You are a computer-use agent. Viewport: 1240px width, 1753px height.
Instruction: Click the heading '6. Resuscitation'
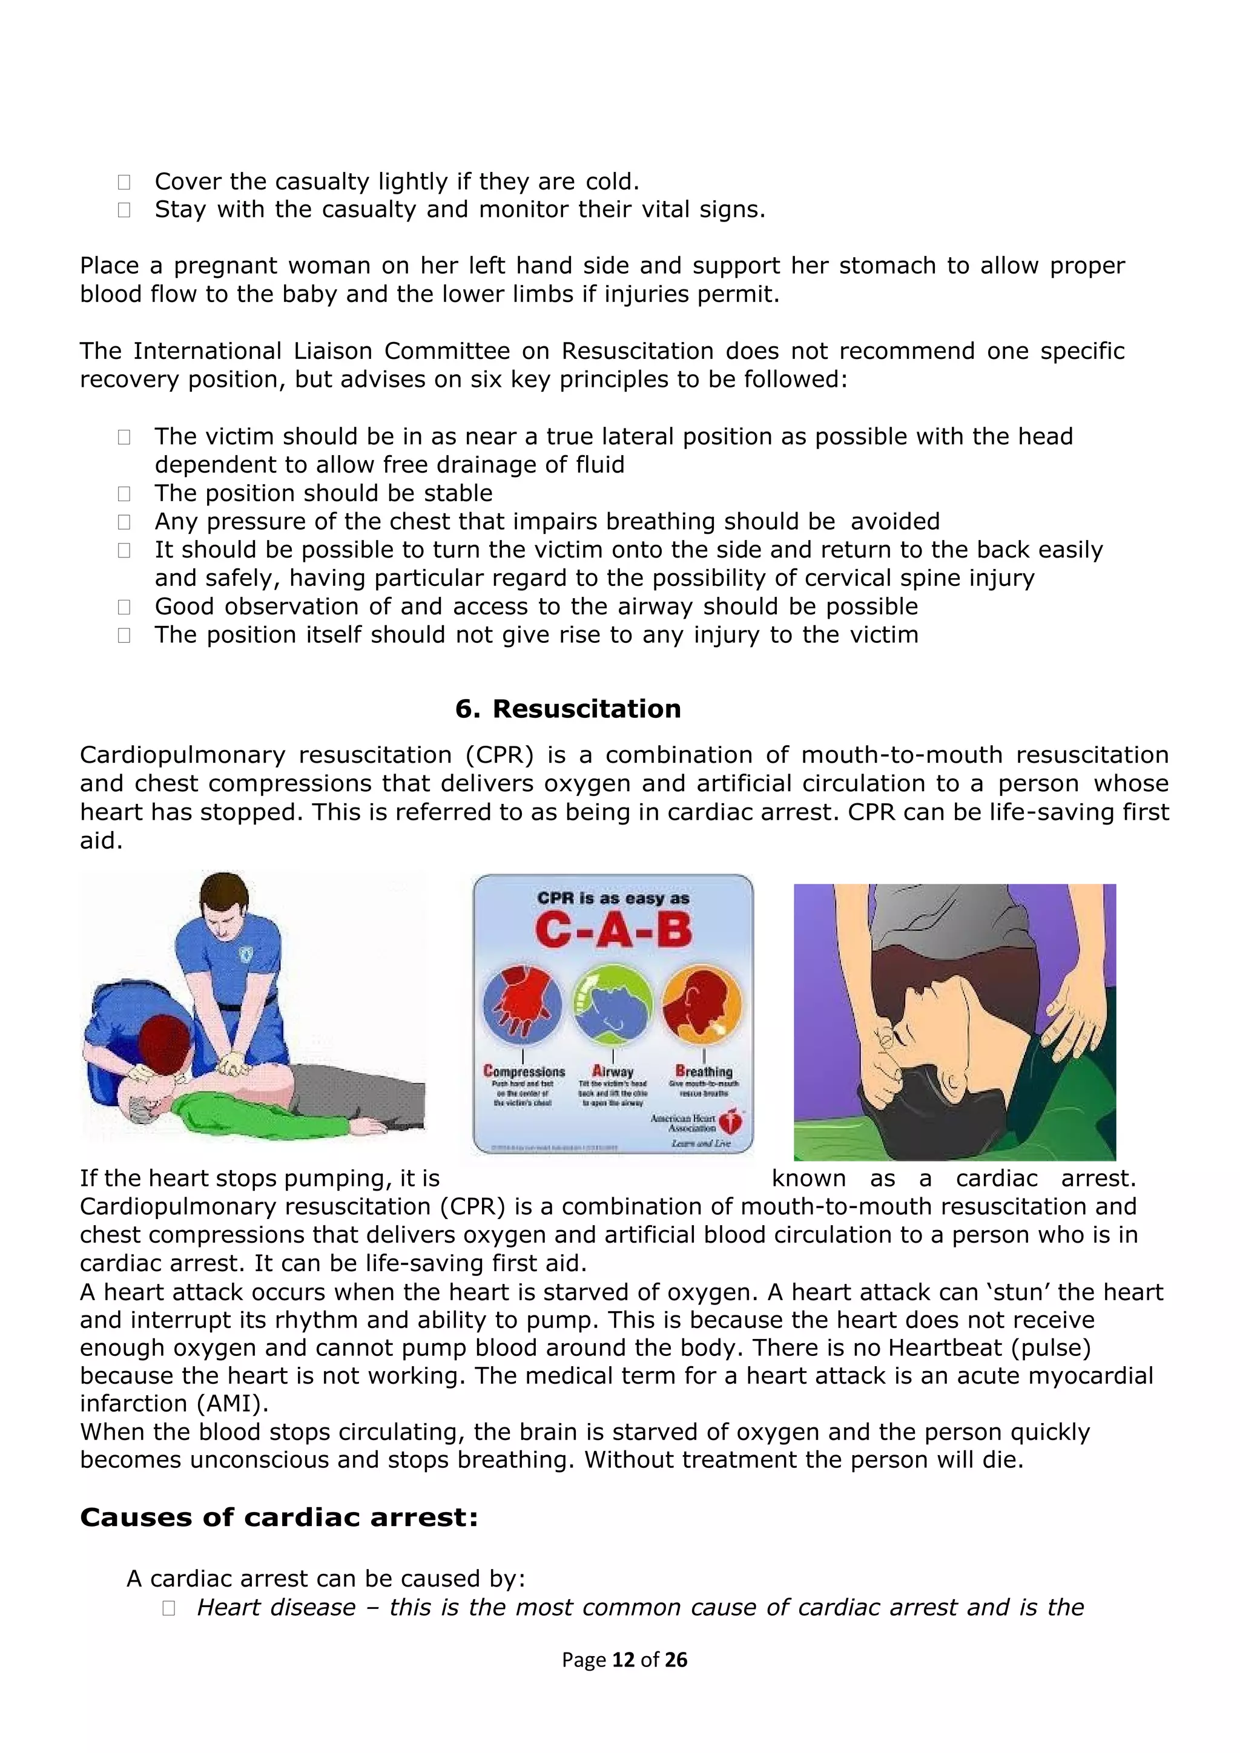pyautogui.click(x=567, y=709)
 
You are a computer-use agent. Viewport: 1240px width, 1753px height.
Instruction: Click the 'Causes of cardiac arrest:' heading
pyautogui.click(x=279, y=1517)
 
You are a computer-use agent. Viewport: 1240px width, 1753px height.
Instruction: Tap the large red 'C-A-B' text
pyautogui.click(x=613, y=931)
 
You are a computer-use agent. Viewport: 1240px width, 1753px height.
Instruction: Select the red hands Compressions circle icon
pyautogui.click(x=523, y=1003)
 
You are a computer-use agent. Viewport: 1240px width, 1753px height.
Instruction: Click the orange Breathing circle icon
pyautogui.click(x=702, y=1003)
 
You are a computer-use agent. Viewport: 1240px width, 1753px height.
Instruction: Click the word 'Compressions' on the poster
pyautogui.click(x=524, y=1071)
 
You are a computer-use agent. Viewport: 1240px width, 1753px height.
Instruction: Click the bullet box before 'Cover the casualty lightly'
pyautogui.click(x=124, y=182)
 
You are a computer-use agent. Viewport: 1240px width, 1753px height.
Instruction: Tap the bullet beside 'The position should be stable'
pyautogui.click(x=124, y=493)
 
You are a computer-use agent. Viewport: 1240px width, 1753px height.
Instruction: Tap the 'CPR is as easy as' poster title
pyautogui.click(x=613, y=898)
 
